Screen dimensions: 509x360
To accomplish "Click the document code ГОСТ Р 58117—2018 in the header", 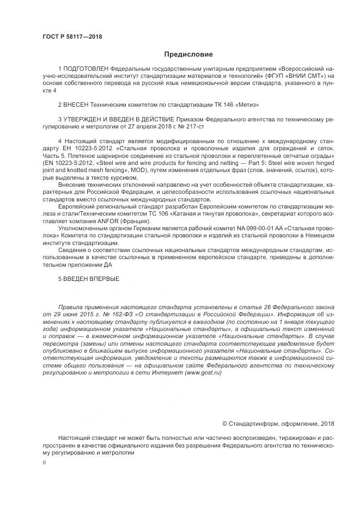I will [71, 36].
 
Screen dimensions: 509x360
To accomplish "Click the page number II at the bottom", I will [45, 462].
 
